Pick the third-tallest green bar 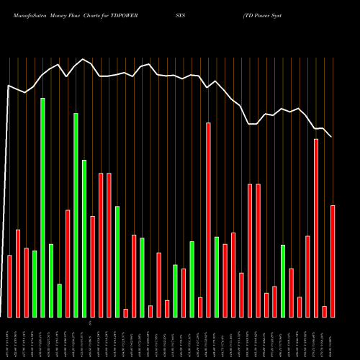84,238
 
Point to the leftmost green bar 35,284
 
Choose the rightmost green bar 283,281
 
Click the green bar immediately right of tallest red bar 216,276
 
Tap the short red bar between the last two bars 325,311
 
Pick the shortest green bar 59,300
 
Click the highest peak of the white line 84,59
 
